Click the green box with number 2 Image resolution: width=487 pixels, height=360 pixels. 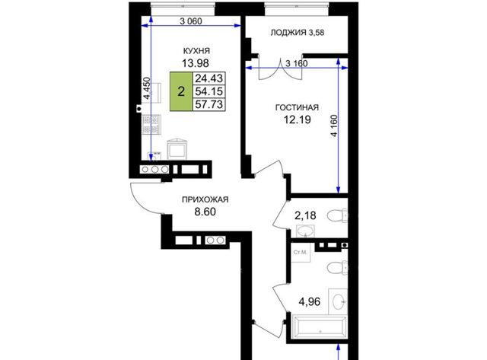click(x=181, y=91)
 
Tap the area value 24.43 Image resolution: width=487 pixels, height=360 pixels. click(x=208, y=78)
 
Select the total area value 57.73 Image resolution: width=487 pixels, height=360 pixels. click(x=208, y=104)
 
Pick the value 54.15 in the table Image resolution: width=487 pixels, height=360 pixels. click(x=208, y=91)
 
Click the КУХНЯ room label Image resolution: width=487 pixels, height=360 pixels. click(x=196, y=51)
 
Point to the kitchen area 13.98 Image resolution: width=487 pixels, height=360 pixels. click(x=196, y=63)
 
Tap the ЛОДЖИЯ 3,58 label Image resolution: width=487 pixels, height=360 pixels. click(x=298, y=32)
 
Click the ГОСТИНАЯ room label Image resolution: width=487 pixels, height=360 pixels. click(x=298, y=107)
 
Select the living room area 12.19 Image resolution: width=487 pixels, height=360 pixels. click(x=298, y=119)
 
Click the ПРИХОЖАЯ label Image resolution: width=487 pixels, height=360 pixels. click(x=205, y=199)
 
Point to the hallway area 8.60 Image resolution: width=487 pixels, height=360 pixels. click(x=205, y=212)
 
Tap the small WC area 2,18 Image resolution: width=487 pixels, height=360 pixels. click(x=305, y=215)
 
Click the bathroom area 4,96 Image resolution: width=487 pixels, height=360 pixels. click(x=310, y=301)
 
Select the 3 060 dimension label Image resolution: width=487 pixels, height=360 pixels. click(x=191, y=21)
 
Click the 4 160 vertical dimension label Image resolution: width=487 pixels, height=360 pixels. click(x=334, y=126)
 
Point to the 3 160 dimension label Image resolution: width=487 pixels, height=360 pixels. click(x=296, y=63)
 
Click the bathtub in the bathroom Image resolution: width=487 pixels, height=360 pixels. click(x=320, y=327)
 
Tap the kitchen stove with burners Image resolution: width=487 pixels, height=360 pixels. click(x=151, y=124)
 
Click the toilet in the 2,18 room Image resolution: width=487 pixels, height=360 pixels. click(x=338, y=215)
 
